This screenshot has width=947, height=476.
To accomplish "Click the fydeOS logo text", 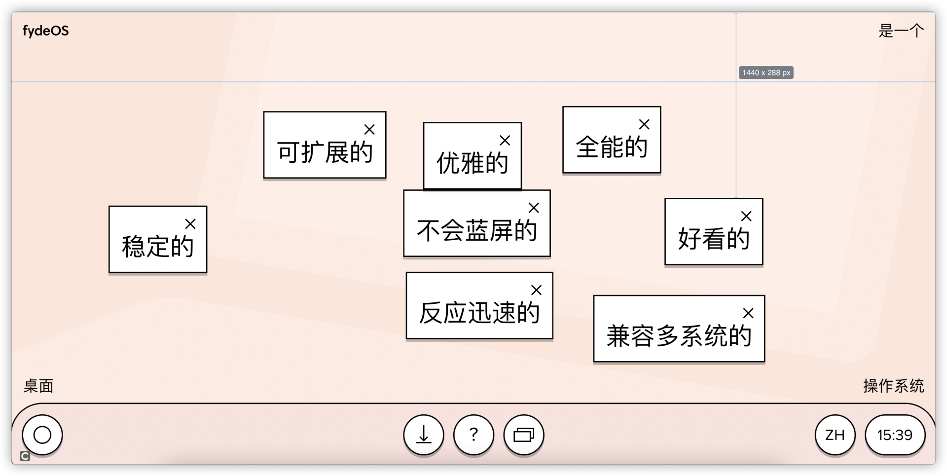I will coord(46,31).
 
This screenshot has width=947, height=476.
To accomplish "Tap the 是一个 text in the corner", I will coord(901,31).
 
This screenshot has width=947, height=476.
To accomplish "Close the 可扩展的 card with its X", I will coord(369,129).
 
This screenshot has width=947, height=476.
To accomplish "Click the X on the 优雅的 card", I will coord(505,141).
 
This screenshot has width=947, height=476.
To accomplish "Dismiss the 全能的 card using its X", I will coord(644,124).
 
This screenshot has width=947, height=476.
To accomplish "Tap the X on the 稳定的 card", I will coord(190,224).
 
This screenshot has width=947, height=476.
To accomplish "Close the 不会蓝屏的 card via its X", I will coord(534,208).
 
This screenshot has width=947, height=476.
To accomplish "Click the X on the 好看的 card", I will coord(746,216).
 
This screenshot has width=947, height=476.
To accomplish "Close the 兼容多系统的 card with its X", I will coord(748,313).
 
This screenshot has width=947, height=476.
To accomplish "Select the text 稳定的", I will coord(158,246).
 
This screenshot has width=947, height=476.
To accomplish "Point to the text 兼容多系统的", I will coord(679,336).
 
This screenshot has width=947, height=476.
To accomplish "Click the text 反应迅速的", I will coord(479,313).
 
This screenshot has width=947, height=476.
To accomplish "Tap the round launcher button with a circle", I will coord(42,435).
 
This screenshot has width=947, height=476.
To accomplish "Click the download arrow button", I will coord(424,435).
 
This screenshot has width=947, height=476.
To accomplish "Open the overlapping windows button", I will coord(524,435).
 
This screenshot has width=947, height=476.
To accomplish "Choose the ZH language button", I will coord(835,435).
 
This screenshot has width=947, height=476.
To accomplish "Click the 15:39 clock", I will coord(895,435).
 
